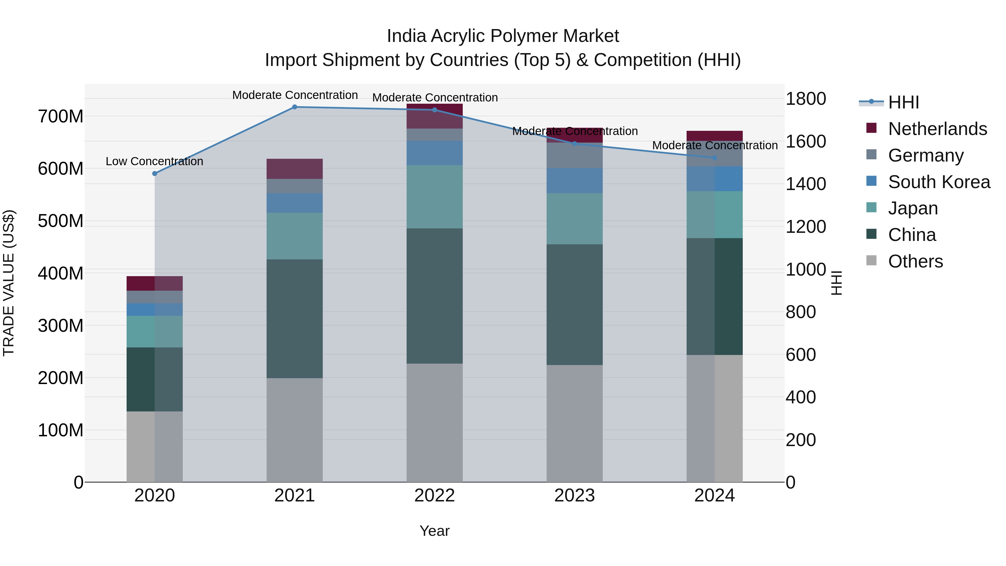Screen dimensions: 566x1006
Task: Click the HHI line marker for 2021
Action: [295, 107]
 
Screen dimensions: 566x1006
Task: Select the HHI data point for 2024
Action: [715, 158]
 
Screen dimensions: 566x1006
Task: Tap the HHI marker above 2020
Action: [155, 173]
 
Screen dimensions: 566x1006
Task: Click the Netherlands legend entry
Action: [937, 129]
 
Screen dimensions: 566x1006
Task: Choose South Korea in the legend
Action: [939, 182]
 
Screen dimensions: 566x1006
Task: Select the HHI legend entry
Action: [903, 102]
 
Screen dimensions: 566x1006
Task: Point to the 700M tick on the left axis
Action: [61, 116]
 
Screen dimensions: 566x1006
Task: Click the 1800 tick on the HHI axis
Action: [806, 99]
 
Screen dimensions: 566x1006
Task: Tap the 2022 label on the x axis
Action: [434, 496]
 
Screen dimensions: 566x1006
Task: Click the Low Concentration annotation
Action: [154, 161]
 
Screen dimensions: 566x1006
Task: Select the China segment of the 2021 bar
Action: [295, 318]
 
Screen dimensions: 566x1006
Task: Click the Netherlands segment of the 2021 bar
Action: [295, 169]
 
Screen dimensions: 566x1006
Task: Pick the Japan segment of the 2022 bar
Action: [434, 196]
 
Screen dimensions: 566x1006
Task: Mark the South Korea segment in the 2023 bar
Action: [575, 181]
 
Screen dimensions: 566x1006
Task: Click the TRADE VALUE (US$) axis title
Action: [9, 283]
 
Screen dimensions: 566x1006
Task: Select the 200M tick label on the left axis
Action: [61, 378]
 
